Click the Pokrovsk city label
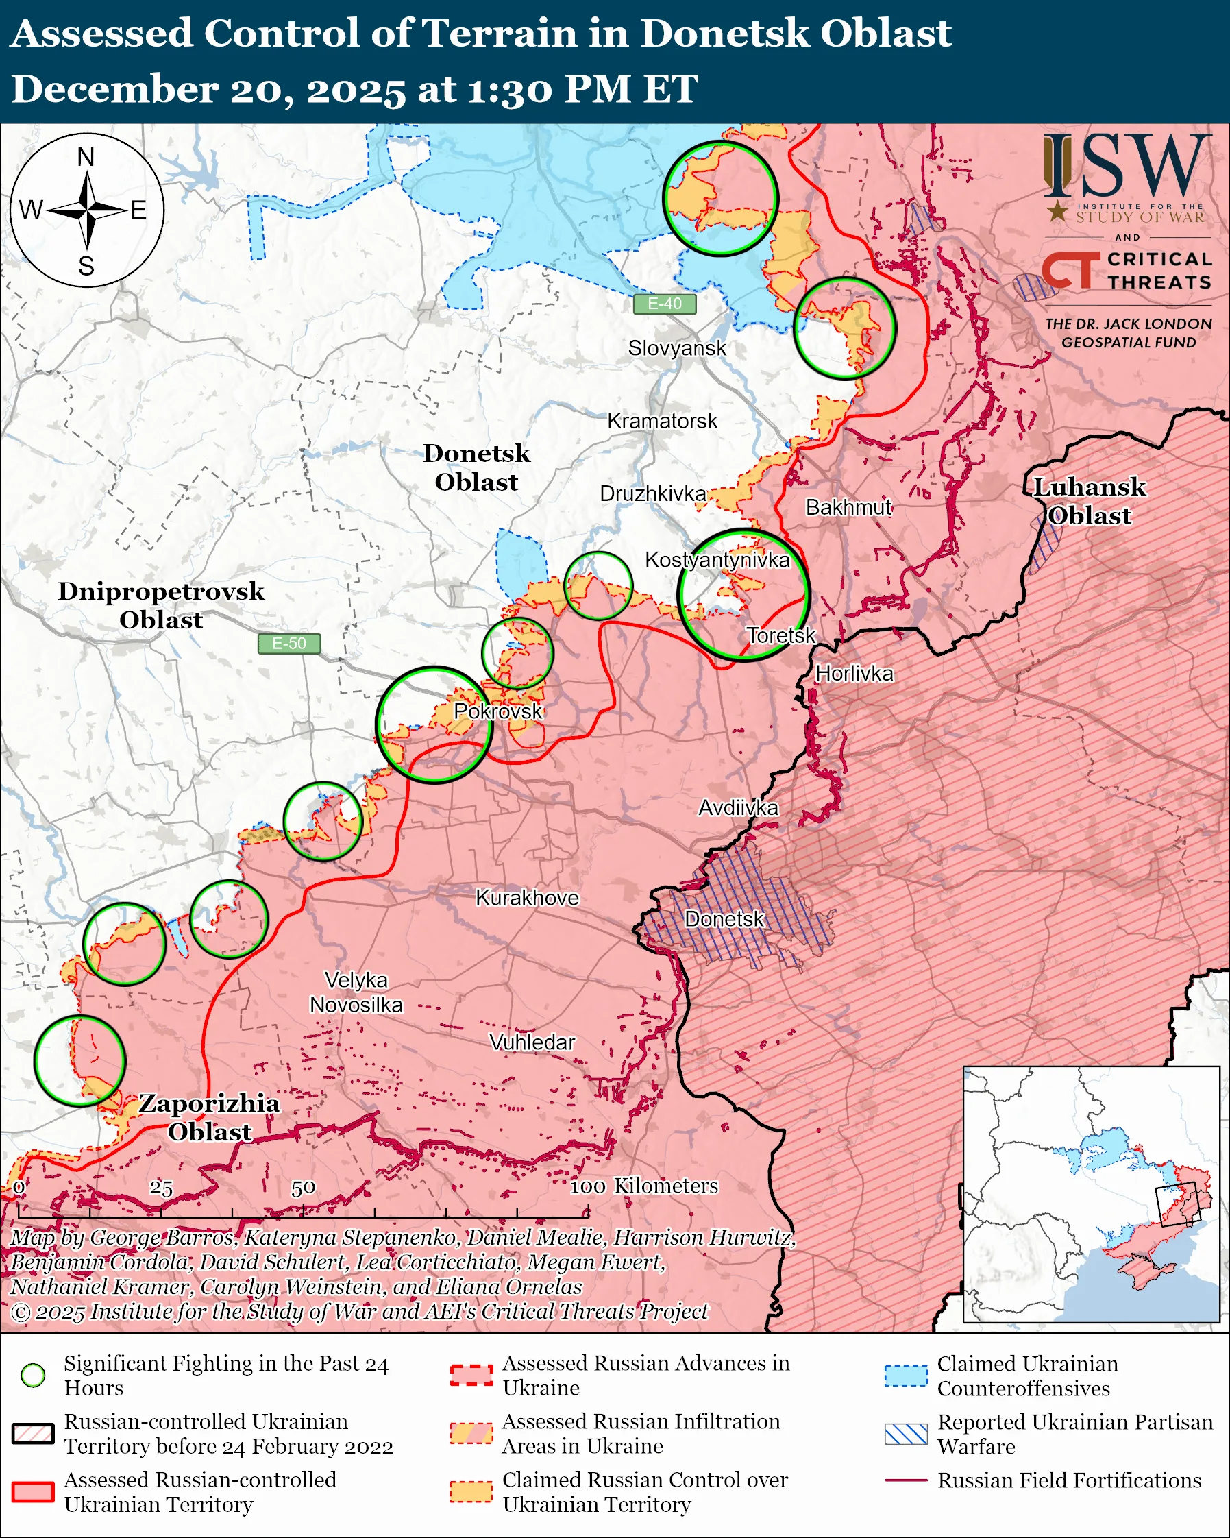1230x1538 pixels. click(x=497, y=711)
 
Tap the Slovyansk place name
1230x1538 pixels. click(x=677, y=348)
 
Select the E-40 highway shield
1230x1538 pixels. click(x=664, y=304)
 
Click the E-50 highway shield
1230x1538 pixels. click(x=288, y=644)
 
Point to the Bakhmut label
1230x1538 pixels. click(x=848, y=507)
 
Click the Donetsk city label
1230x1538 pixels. click(x=724, y=919)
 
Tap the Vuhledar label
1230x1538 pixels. click(x=532, y=1042)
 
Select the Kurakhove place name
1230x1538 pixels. click(x=527, y=897)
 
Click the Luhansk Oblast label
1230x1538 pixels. click(x=1089, y=502)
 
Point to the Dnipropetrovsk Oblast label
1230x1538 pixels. click(x=161, y=605)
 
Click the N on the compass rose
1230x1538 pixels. click(x=86, y=157)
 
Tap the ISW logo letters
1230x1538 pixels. click(x=1127, y=168)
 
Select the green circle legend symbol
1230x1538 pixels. click(x=33, y=1375)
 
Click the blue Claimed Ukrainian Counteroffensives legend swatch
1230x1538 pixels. click(x=906, y=1376)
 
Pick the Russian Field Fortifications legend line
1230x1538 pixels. click(x=906, y=1480)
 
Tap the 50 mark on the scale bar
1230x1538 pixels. click(x=303, y=1188)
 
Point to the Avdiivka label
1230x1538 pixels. click(x=738, y=807)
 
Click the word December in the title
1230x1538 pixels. click(x=114, y=90)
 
